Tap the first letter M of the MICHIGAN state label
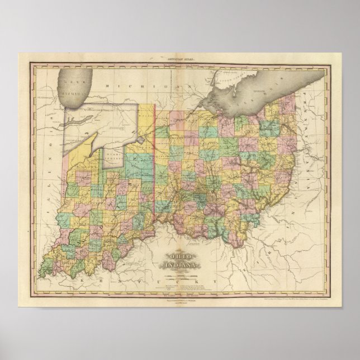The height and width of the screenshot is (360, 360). tap(106, 88)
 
